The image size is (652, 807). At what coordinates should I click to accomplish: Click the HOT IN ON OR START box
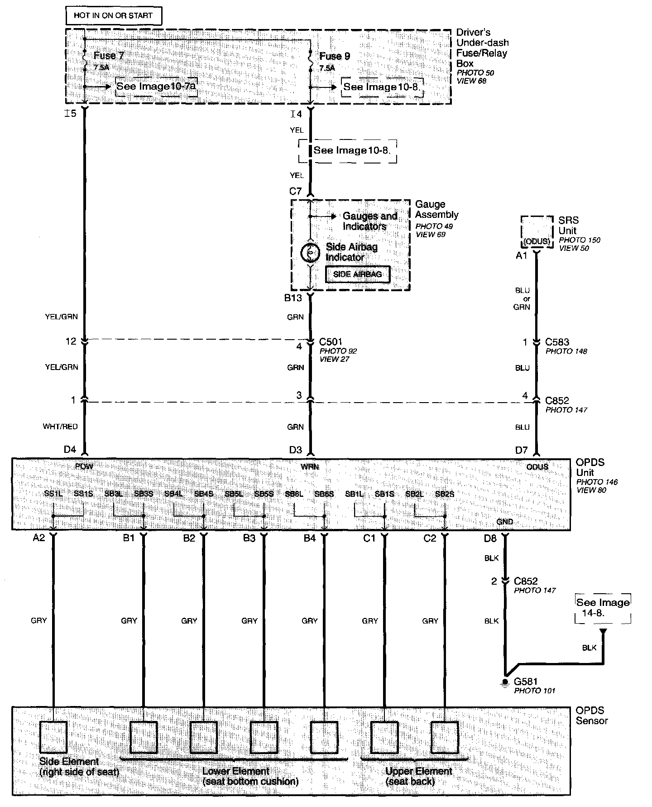tap(113, 16)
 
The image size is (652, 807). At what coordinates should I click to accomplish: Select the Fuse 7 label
tap(109, 56)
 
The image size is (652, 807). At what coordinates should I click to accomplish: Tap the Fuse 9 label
tap(335, 56)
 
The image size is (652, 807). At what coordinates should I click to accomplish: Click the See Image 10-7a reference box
tap(156, 86)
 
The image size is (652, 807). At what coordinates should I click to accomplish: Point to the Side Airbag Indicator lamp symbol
tap(310, 253)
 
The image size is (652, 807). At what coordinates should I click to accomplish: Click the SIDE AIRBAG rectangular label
tap(357, 274)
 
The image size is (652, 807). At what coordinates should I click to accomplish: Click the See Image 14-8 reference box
tap(603, 608)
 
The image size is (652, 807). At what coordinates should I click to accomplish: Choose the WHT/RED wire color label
tap(60, 427)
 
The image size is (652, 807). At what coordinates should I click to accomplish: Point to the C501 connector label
tap(331, 342)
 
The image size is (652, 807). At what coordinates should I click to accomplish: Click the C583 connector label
tap(557, 342)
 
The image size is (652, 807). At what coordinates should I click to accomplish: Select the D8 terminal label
tap(490, 538)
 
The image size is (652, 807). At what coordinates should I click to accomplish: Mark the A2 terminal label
tap(39, 538)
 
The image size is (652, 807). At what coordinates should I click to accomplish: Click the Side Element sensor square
tap(53, 737)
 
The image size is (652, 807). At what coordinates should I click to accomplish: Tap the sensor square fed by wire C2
tap(444, 737)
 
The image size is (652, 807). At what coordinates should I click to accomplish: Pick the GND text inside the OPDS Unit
tap(505, 522)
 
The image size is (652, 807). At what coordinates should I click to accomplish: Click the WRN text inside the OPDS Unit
tap(310, 466)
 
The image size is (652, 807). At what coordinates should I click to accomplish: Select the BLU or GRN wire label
tap(522, 299)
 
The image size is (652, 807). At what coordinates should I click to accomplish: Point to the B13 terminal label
tap(293, 298)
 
